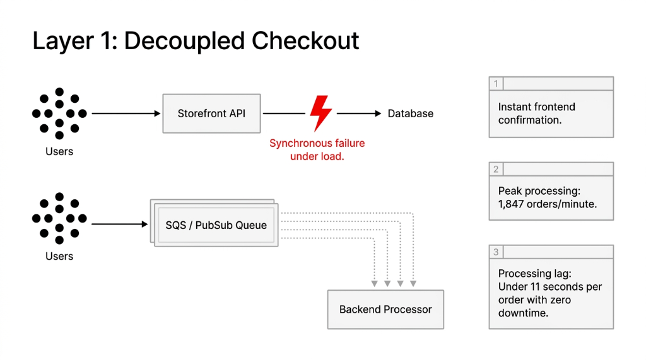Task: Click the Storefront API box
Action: click(x=211, y=113)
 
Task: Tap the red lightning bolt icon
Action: click(x=320, y=113)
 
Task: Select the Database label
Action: click(x=410, y=113)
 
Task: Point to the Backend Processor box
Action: click(x=385, y=310)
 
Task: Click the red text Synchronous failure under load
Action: click(x=317, y=150)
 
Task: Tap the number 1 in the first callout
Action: click(x=496, y=84)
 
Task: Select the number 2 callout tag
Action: click(x=496, y=169)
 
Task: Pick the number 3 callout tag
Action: click(x=496, y=252)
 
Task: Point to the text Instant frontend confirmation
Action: click(x=536, y=113)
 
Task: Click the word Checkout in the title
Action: click(x=306, y=41)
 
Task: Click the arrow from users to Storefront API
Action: click(x=126, y=113)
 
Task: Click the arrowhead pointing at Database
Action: click(x=378, y=113)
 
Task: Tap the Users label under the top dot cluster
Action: click(x=59, y=151)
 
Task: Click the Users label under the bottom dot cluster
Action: click(x=59, y=256)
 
